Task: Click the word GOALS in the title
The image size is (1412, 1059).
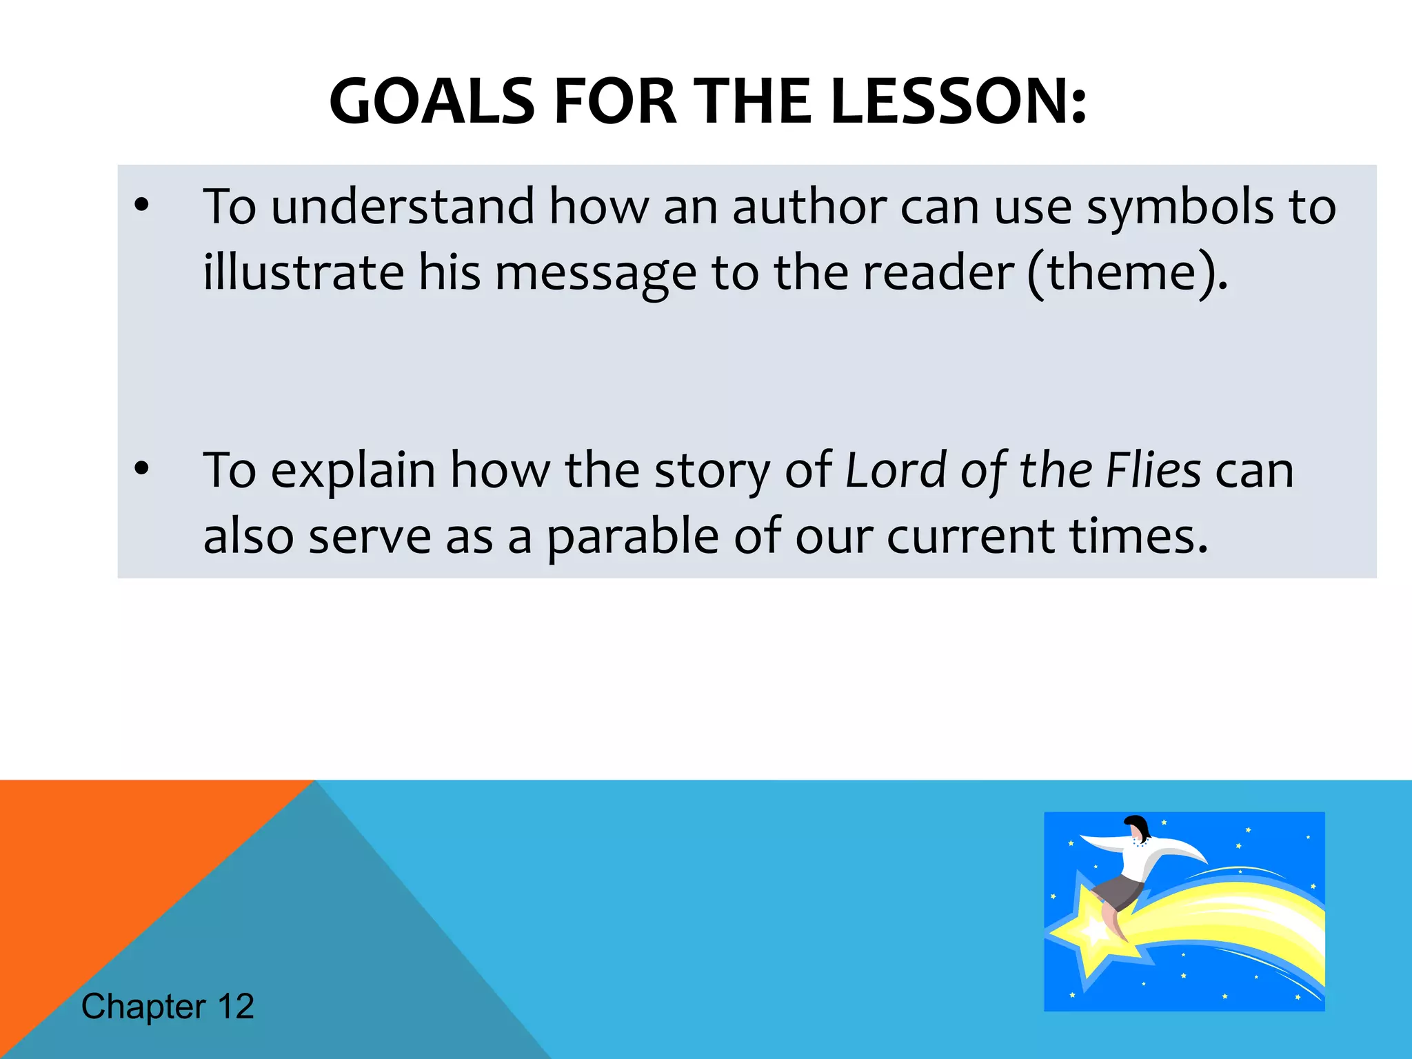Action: pos(432,102)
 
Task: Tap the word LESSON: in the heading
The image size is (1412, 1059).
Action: pos(958,102)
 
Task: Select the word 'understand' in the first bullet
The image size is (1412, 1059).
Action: pos(403,206)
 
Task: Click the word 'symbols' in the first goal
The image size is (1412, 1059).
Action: pos(1180,208)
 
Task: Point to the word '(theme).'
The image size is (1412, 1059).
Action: pos(1127,273)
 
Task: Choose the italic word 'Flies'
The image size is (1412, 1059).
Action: pos(1153,470)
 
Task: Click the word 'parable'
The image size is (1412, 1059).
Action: pos(633,536)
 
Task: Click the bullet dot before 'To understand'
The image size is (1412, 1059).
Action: pos(141,205)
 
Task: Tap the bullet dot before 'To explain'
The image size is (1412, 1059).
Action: pos(141,469)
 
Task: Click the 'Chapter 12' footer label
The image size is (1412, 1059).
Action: pos(168,1006)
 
